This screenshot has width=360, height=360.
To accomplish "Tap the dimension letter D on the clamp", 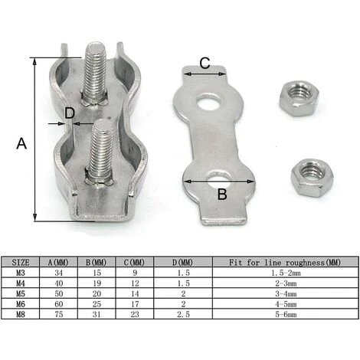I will pos(70,114).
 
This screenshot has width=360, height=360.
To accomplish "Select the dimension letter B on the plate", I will pos(221,193).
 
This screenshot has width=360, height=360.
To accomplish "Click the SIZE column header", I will pos(23,262).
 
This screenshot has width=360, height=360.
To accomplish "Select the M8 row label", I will pos(22,314).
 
